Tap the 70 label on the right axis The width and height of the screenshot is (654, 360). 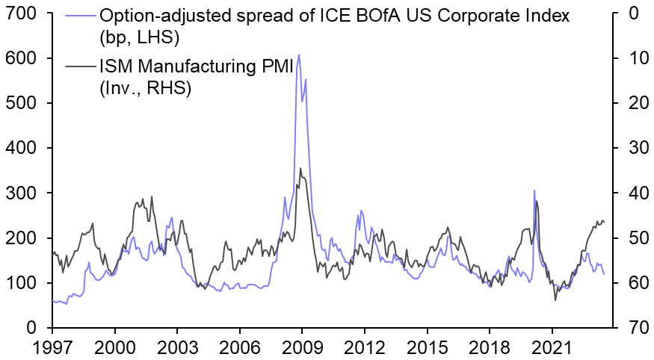[632, 328]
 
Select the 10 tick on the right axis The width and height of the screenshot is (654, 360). [632, 58]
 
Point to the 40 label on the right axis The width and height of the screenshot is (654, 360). [632, 193]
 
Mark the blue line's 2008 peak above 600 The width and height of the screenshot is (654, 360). [299, 55]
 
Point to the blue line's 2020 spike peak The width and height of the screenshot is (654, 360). [534, 190]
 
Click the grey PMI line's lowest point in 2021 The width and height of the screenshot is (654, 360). [555, 300]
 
